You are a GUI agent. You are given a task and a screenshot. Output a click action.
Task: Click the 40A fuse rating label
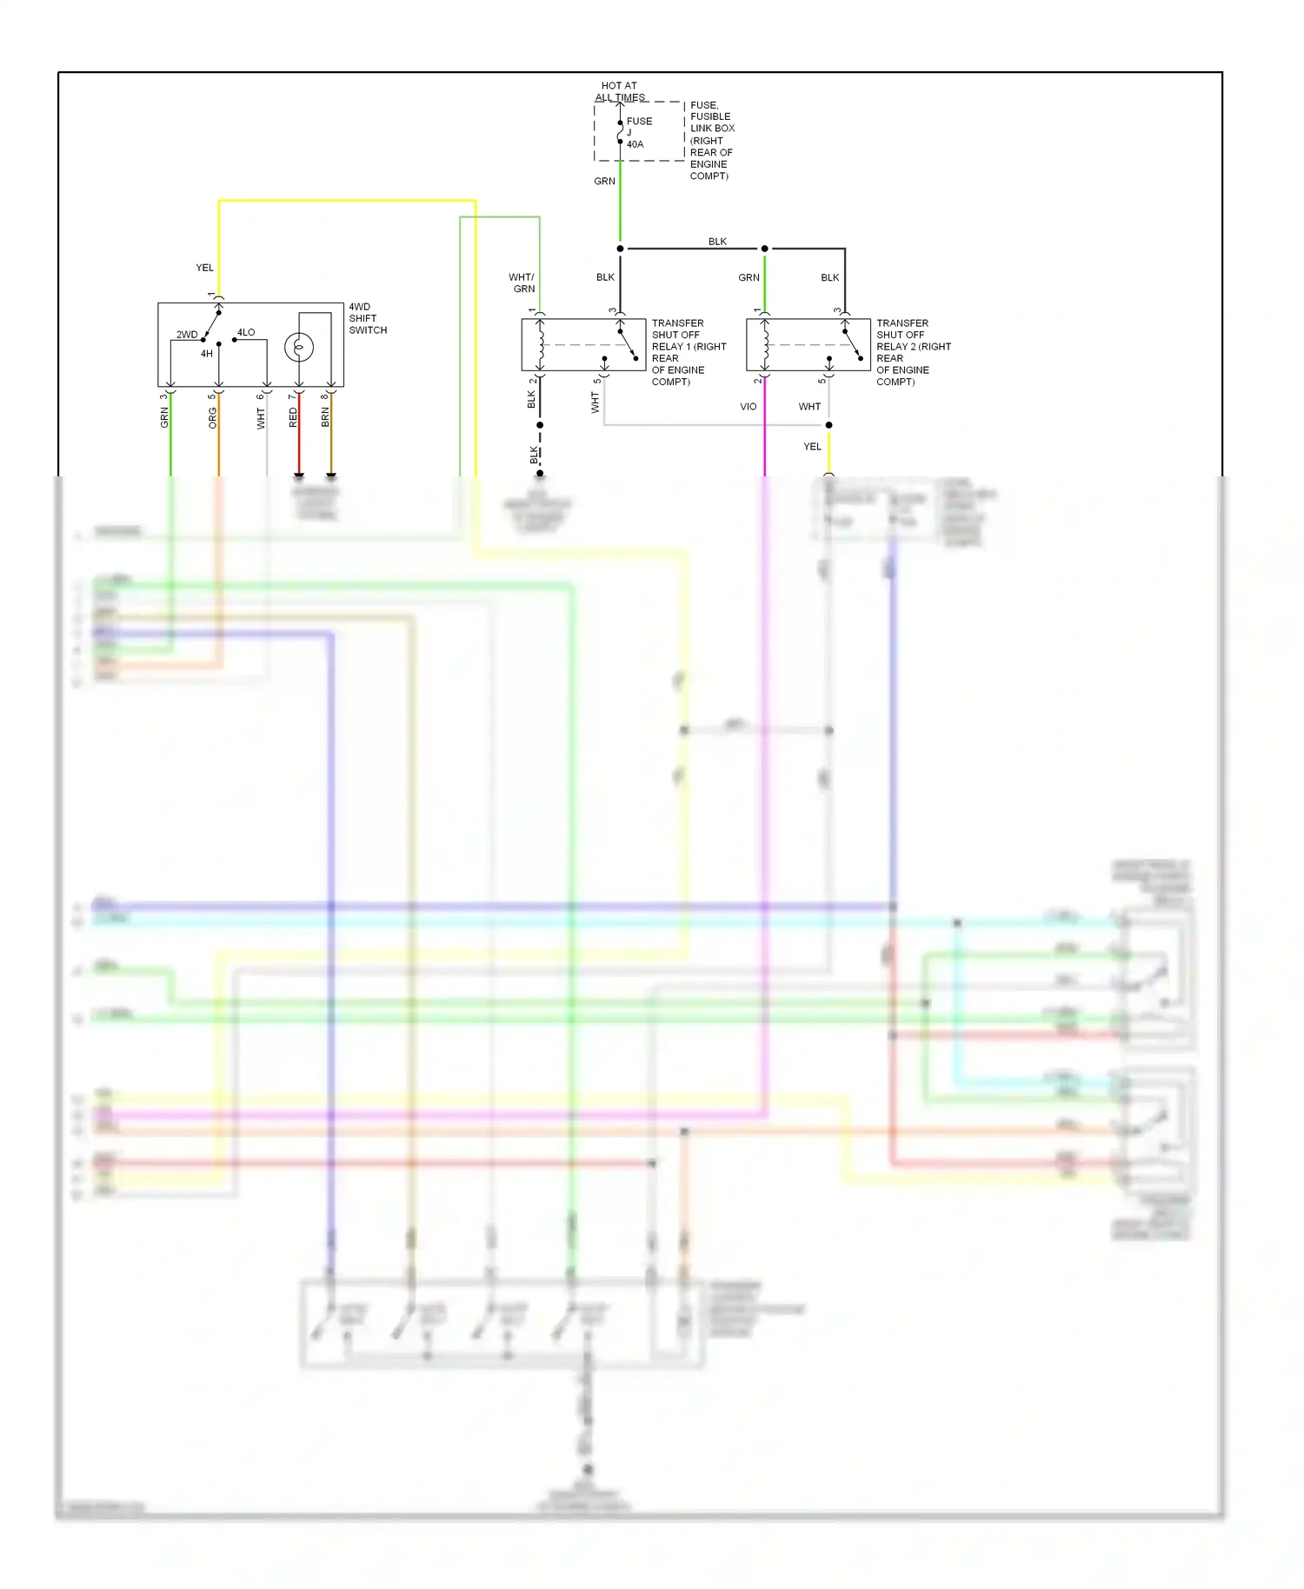(635, 144)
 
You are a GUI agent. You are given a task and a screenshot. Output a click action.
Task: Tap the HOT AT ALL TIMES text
(619, 91)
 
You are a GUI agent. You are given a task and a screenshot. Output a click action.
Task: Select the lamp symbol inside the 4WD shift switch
(298, 348)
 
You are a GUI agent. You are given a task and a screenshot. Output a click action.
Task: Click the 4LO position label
(246, 332)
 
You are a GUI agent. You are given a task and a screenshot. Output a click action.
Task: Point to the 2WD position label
(187, 335)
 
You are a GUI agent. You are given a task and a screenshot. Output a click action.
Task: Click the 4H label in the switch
(206, 354)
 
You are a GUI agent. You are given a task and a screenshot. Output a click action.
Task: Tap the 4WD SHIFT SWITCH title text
(367, 318)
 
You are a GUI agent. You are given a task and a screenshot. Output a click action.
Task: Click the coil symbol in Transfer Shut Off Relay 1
(541, 343)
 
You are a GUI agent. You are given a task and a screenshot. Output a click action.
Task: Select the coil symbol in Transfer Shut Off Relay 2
(765, 343)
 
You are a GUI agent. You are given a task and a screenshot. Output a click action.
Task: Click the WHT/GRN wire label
(522, 283)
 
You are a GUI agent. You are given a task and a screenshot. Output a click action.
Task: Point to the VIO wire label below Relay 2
(748, 407)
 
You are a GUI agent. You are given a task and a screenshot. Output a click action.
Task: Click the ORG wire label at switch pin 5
(213, 418)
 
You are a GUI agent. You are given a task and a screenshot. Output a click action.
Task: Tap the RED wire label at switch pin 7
(293, 417)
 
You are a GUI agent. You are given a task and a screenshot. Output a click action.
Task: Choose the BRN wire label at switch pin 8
(325, 417)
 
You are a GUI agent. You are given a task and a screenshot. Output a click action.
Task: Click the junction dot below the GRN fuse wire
(620, 249)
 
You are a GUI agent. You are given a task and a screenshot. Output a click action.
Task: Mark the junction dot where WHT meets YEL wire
(828, 425)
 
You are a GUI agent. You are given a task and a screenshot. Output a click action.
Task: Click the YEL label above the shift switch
(204, 268)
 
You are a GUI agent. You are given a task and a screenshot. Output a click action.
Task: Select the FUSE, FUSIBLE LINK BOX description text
(711, 140)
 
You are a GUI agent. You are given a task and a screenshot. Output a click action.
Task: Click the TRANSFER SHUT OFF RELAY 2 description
(913, 352)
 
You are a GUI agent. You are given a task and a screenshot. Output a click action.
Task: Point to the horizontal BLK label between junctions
(717, 242)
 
